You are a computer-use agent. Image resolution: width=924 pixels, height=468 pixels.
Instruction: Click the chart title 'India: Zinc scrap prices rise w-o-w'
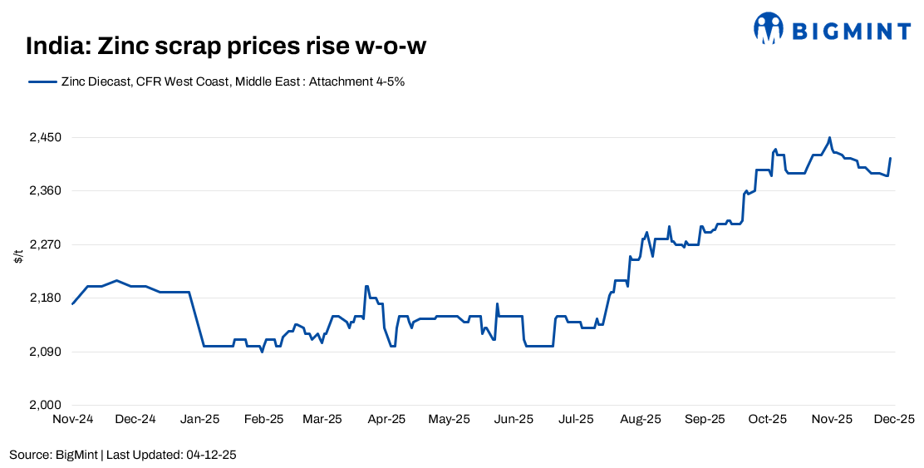click(x=225, y=47)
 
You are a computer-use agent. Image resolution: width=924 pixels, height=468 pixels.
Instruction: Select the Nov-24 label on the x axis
click(x=72, y=420)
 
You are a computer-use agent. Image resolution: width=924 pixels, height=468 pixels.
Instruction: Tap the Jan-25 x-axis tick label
click(x=199, y=420)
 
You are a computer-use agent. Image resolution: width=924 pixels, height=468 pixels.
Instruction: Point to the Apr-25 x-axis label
click(x=386, y=420)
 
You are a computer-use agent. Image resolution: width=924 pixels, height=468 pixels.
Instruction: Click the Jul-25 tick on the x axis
click(x=576, y=420)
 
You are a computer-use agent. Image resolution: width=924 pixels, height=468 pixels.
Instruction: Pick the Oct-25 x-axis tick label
click(x=767, y=420)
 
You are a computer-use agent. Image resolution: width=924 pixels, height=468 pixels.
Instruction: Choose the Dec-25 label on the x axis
click(x=894, y=420)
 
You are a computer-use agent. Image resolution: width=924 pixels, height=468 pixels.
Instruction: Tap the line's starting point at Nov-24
click(x=72, y=304)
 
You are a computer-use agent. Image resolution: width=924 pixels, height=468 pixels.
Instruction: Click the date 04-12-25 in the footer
click(x=213, y=455)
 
